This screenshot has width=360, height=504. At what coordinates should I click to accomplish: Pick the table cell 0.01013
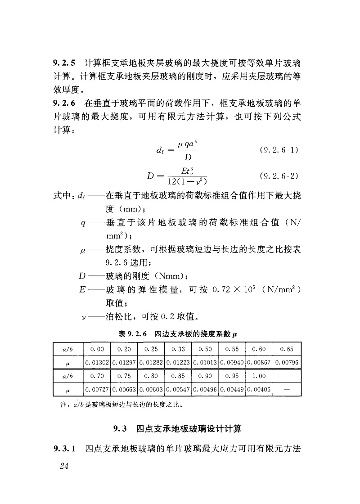click(205, 362)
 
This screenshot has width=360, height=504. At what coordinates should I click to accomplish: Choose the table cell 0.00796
click(287, 362)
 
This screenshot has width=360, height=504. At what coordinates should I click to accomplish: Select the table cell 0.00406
click(259, 389)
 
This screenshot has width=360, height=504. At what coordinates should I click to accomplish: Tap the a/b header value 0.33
click(178, 349)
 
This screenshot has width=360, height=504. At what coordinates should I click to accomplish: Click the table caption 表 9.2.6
click(133, 334)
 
